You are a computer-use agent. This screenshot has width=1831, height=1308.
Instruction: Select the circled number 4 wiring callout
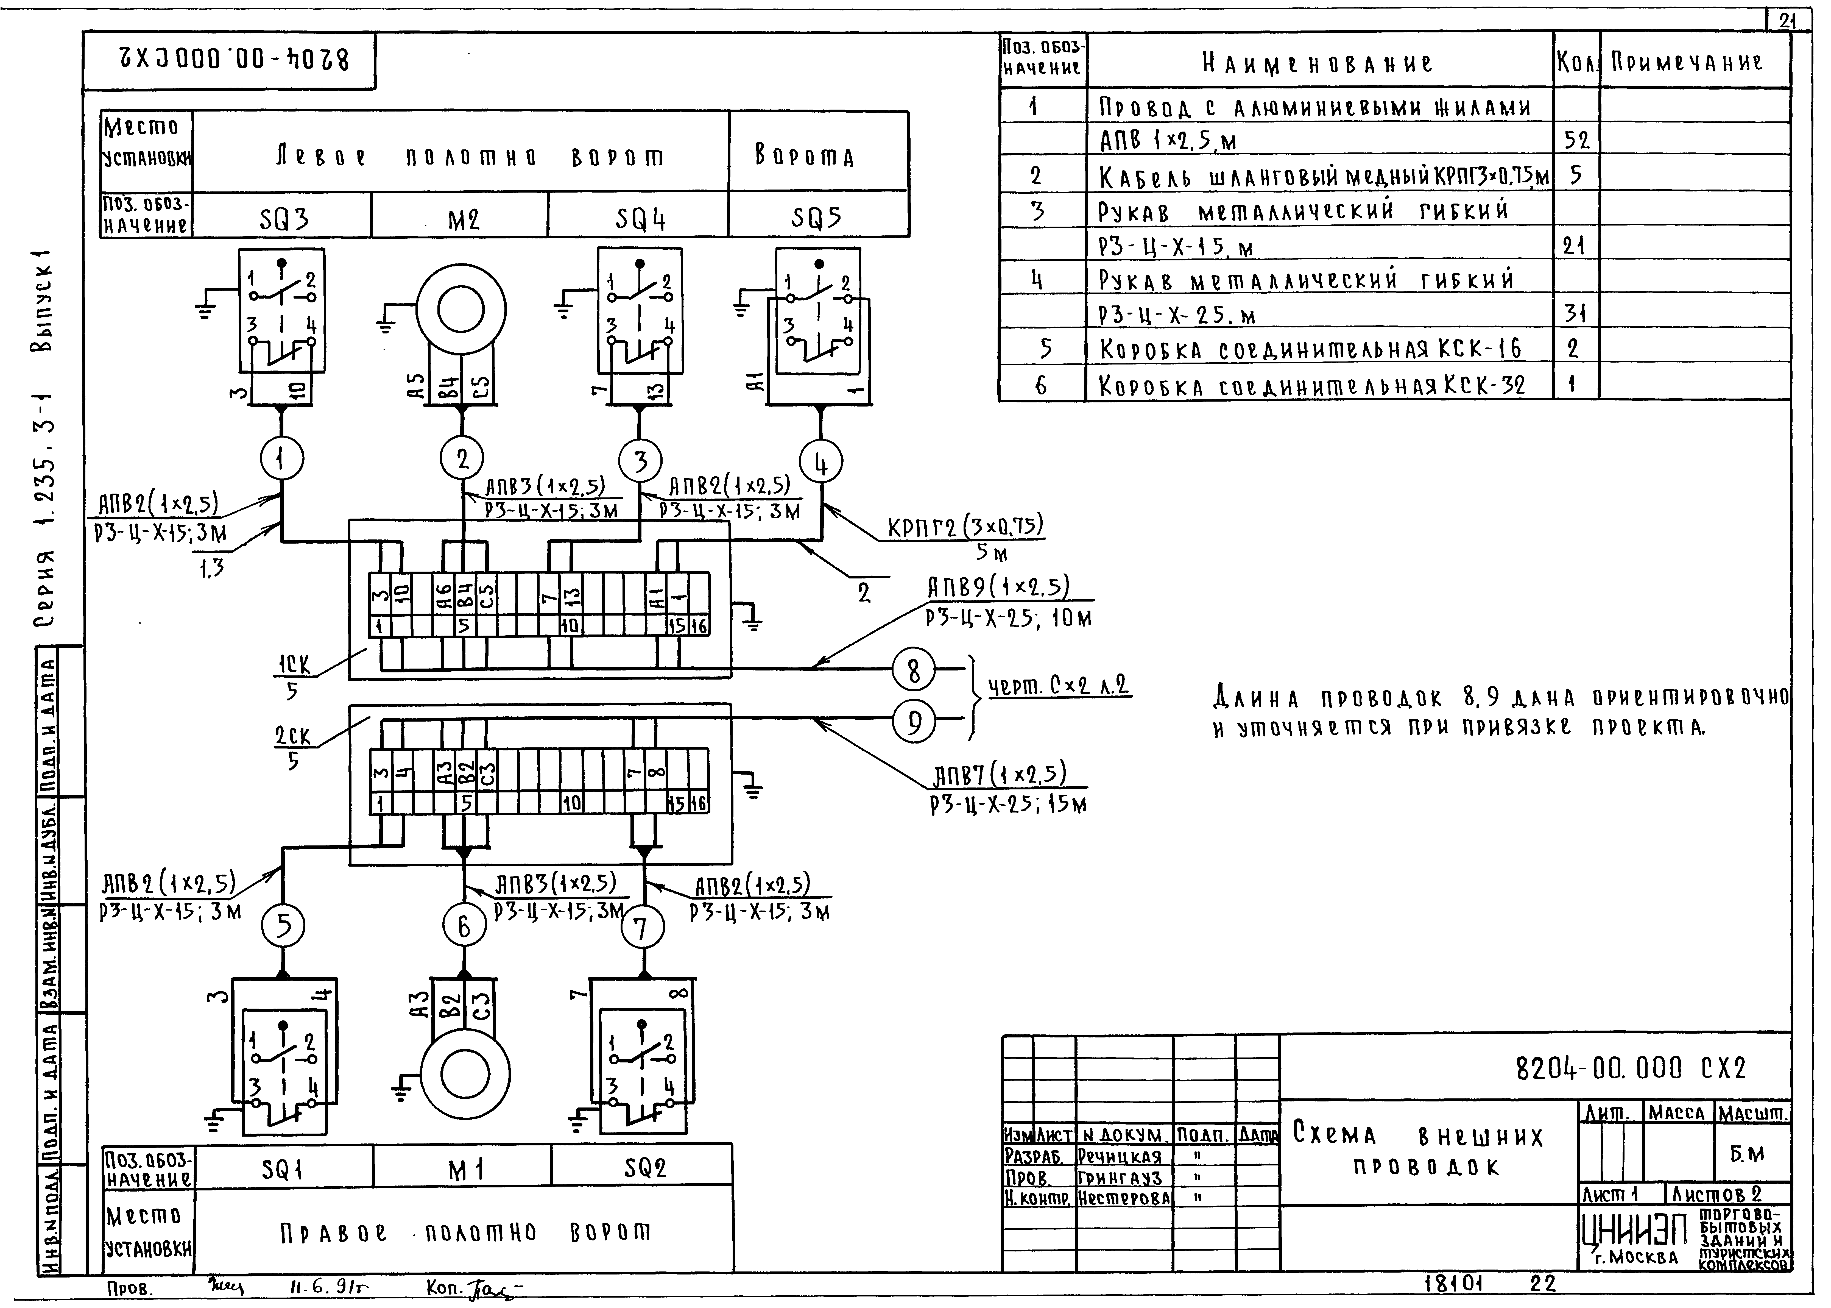pos(820,464)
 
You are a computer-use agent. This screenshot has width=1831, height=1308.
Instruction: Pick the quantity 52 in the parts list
pos(1576,141)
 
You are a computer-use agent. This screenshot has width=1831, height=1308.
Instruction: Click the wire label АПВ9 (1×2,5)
pos(998,588)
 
